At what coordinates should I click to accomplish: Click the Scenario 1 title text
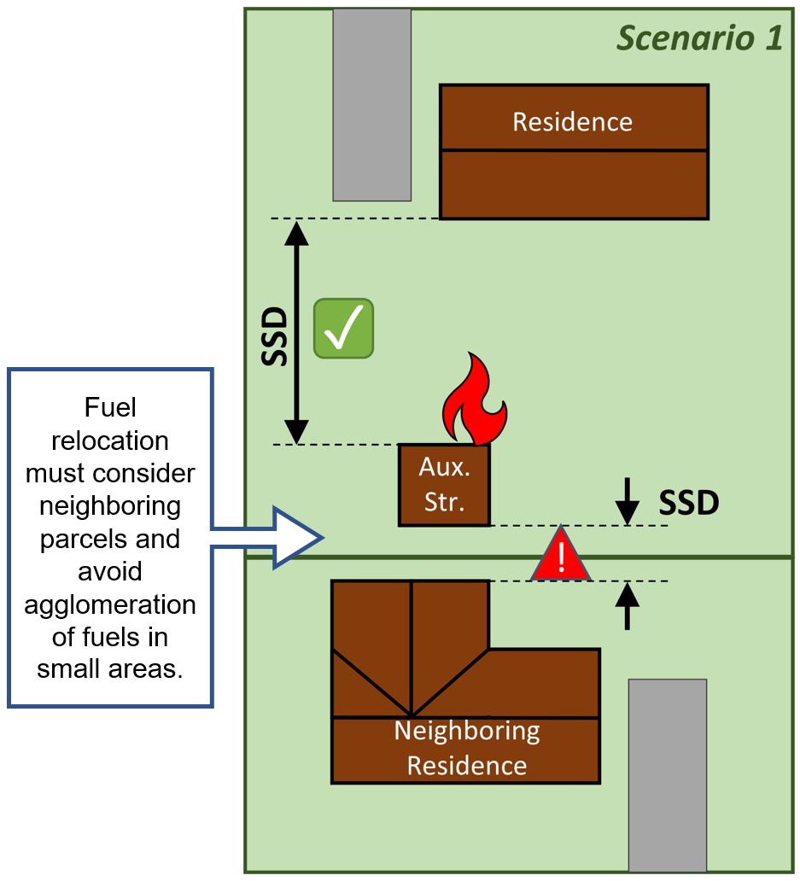coord(699,38)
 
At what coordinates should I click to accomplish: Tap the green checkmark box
coord(343,328)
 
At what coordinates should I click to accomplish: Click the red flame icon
coord(474,400)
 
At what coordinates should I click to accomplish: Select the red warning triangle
coord(561,557)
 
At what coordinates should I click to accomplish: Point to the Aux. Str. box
coord(444,485)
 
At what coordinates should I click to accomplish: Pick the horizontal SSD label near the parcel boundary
coord(688,504)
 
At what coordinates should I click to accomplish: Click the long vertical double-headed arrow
coord(296,331)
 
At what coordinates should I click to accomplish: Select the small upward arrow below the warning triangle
coord(628,606)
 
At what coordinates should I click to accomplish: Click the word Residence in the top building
coord(572,122)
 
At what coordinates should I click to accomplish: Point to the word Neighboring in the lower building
coord(466,732)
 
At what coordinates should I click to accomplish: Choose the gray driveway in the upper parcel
coord(371,104)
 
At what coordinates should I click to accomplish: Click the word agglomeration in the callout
coord(110,604)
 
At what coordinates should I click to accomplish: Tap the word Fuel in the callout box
coord(110,408)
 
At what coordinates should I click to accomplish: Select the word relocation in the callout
coord(110,440)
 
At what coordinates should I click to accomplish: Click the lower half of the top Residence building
coord(573,184)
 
